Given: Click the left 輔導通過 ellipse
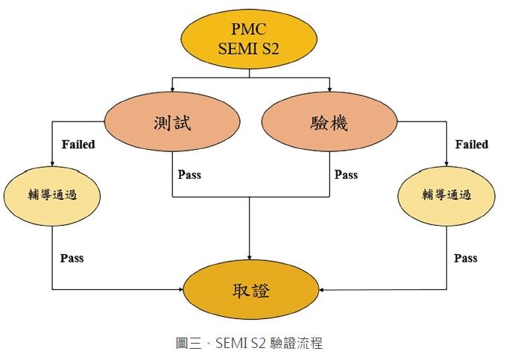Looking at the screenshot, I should [x=52, y=195].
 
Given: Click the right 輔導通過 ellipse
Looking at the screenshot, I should [x=447, y=195].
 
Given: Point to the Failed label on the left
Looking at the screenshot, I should [x=78, y=144].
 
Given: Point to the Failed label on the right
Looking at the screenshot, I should [x=471, y=144].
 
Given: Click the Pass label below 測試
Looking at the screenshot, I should [x=189, y=175].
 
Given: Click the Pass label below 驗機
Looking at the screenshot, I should [x=346, y=175].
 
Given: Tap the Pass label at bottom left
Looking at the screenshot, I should [x=72, y=258].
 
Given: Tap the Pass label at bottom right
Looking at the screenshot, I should [x=465, y=258].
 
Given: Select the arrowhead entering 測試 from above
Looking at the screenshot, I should [x=172, y=92].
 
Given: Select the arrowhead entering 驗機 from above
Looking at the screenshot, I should [x=329, y=92].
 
